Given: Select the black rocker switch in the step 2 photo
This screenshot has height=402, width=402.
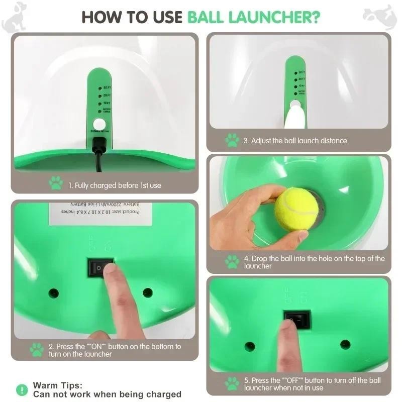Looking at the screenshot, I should point(100,268).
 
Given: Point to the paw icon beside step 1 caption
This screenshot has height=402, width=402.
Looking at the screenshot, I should point(56,183).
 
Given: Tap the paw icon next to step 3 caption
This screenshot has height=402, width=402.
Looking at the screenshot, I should point(232,140).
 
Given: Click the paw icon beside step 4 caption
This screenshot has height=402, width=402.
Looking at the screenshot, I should point(232,261).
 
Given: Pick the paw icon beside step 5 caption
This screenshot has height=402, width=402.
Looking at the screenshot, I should point(232,383).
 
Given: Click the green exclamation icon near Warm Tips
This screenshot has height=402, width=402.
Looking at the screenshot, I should point(22,389).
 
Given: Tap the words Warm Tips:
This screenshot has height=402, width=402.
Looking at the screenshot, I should point(57,385).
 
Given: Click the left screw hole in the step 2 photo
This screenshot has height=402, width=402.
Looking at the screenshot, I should point(53,293).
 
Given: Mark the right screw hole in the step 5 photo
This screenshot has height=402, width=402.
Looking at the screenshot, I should point(345,345).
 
